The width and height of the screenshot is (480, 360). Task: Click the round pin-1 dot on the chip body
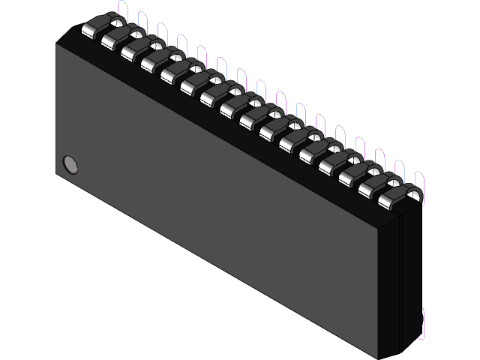click(x=70, y=163)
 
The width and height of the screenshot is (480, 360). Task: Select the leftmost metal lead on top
click(x=91, y=29)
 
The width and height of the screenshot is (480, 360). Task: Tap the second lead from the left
click(x=111, y=39)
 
